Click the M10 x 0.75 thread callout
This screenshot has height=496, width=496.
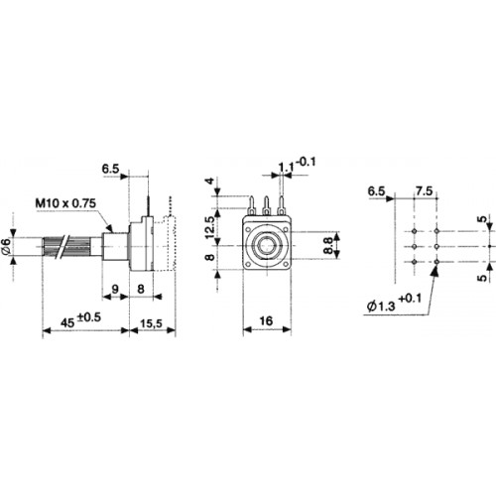tap(65, 202)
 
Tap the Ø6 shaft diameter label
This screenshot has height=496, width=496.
tap(7, 246)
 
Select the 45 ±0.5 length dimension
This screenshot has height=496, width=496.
tap(80, 320)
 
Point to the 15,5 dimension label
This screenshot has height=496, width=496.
tap(151, 323)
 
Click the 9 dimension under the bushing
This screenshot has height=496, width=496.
tap(115, 290)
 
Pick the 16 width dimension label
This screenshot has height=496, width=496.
tap(266, 320)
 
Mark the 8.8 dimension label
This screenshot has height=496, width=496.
tap(327, 245)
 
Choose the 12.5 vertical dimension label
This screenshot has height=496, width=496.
tap(210, 227)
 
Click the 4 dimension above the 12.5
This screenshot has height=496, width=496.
tap(210, 182)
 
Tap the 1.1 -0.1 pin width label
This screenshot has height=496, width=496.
tap(297, 165)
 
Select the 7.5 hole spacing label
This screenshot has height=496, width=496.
tap(424, 190)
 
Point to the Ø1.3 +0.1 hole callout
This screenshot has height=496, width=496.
tap(394, 303)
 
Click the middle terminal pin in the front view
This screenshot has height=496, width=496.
tap(267, 205)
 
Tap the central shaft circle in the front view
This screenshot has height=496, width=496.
tap(267, 245)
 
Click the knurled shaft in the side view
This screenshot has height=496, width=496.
tap(66, 246)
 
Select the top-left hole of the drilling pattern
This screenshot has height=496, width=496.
tap(415, 231)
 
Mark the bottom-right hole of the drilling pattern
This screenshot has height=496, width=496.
tap(437, 262)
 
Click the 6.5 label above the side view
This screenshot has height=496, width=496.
tap(110, 169)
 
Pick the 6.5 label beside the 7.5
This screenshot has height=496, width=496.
tap(376, 191)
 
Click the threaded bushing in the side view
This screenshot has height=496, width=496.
tap(115, 246)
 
